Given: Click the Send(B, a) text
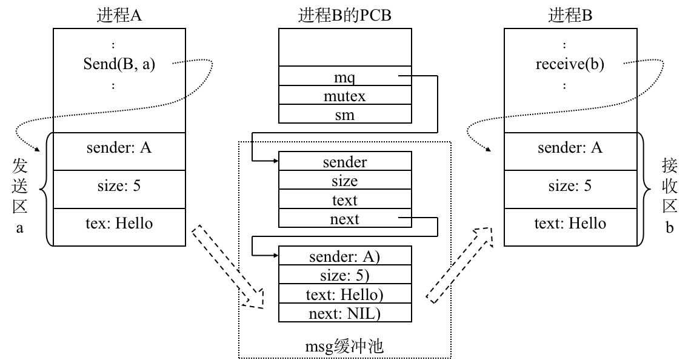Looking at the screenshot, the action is [x=119, y=64].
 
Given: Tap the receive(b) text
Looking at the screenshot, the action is [x=570, y=64].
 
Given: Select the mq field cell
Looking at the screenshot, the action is [x=344, y=76].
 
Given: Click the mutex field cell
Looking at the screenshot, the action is [x=344, y=96].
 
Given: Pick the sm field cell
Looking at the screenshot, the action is [x=344, y=115].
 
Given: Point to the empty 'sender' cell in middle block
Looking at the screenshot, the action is [x=344, y=162].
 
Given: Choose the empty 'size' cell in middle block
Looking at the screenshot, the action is [x=344, y=181].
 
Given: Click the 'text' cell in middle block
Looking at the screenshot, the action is [x=344, y=200].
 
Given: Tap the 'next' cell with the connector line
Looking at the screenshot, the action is [x=344, y=219].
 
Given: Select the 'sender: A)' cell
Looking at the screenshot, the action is [x=344, y=256].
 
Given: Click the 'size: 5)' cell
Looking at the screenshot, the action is [x=344, y=275].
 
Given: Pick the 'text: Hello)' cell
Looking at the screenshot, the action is [x=344, y=295].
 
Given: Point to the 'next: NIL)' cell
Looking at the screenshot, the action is [x=344, y=313].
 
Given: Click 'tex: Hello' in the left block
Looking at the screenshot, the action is [x=119, y=223].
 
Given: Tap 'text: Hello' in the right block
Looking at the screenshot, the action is [x=570, y=223].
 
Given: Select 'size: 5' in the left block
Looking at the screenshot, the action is [x=119, y=185].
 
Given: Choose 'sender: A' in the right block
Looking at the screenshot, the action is [x=570, y=147].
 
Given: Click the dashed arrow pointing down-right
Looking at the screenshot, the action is [x=228, y=267].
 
